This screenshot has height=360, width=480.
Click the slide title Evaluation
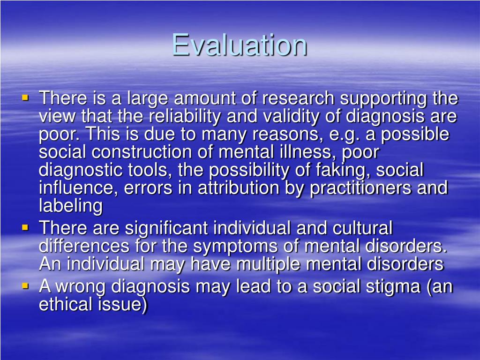click(240, 45)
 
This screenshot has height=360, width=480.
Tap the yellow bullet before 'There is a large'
click(25, 99)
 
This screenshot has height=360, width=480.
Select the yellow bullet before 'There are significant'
click(25, 228)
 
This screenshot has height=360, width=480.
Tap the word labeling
click(70, 206)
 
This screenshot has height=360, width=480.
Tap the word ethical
click(65, 304)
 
